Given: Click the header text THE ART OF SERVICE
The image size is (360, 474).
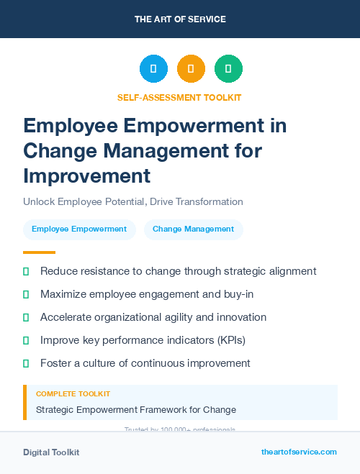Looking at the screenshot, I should click(x=179, y=19).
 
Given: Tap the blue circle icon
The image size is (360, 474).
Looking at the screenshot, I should click(x=153, y=69).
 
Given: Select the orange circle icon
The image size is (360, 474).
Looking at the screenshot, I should click(x=191, y=69).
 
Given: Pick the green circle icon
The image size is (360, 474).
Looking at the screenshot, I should click(x=228, y=69).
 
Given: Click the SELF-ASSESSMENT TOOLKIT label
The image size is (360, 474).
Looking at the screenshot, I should click(x=179, y=97).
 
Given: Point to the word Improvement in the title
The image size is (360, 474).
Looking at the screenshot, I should click(x=86, y=176).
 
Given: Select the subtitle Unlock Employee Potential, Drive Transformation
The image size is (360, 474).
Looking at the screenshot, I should click(x=133, y=201).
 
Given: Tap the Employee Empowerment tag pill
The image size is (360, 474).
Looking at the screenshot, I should click(x=79, y=229).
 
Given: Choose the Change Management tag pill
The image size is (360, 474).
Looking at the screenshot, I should click(x=193, y=229).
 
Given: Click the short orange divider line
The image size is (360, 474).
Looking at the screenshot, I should click(x=39, y=252).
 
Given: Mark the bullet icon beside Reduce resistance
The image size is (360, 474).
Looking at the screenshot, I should click(x=26, y=272).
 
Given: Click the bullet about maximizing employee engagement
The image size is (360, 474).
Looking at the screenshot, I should click(x=147, y=294).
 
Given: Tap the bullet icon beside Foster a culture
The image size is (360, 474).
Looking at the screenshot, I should click(x=26, y=363).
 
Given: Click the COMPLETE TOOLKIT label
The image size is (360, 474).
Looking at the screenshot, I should click(x=73, y=394).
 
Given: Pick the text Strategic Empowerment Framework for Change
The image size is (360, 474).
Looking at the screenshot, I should click(x=136, y=410).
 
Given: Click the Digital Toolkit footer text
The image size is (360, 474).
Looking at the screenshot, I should click(x=51, y=452).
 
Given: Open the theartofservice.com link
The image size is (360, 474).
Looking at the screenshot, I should click(x=299, y=452).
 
